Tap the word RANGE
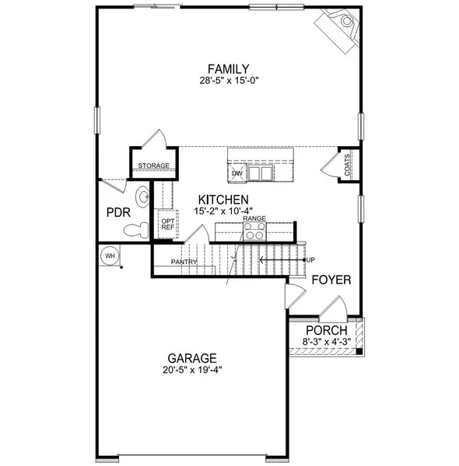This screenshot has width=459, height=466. [254, 219]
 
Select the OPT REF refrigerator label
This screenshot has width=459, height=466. [166, 224]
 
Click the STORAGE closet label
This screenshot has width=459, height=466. [153, 166]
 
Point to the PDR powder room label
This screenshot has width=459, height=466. [116, 211]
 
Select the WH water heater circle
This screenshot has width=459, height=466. [109, 255]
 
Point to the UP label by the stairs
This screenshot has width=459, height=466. [310, 259]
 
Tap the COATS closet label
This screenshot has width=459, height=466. [347, 165]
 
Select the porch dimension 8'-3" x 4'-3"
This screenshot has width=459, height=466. [327, 340]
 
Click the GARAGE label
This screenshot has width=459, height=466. [191, 358]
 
